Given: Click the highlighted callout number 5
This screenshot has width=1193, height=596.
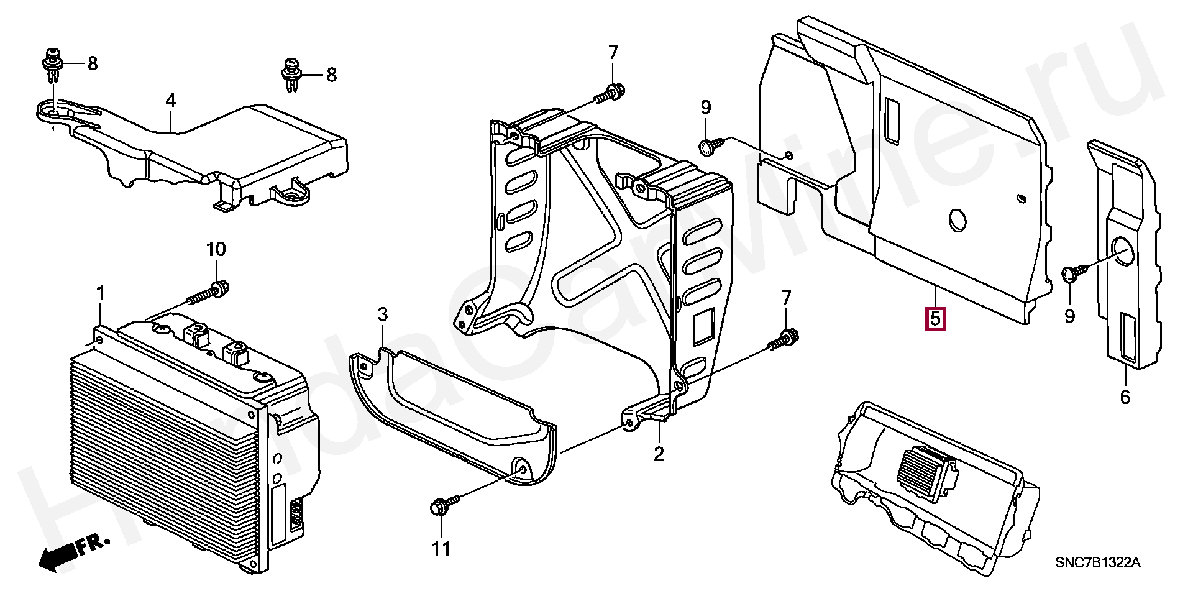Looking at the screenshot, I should click(x=935, y=318).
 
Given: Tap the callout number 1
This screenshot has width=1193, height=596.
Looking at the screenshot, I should click(x=100, y=293).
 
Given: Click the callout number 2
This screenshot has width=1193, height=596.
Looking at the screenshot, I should click(x=659, y=453).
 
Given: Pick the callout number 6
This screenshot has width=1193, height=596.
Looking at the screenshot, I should click(x=1125, y=397).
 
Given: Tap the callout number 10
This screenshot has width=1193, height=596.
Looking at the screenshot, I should click(x=216, y=250).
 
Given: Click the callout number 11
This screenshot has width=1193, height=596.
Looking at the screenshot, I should click(x=441, y=549).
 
